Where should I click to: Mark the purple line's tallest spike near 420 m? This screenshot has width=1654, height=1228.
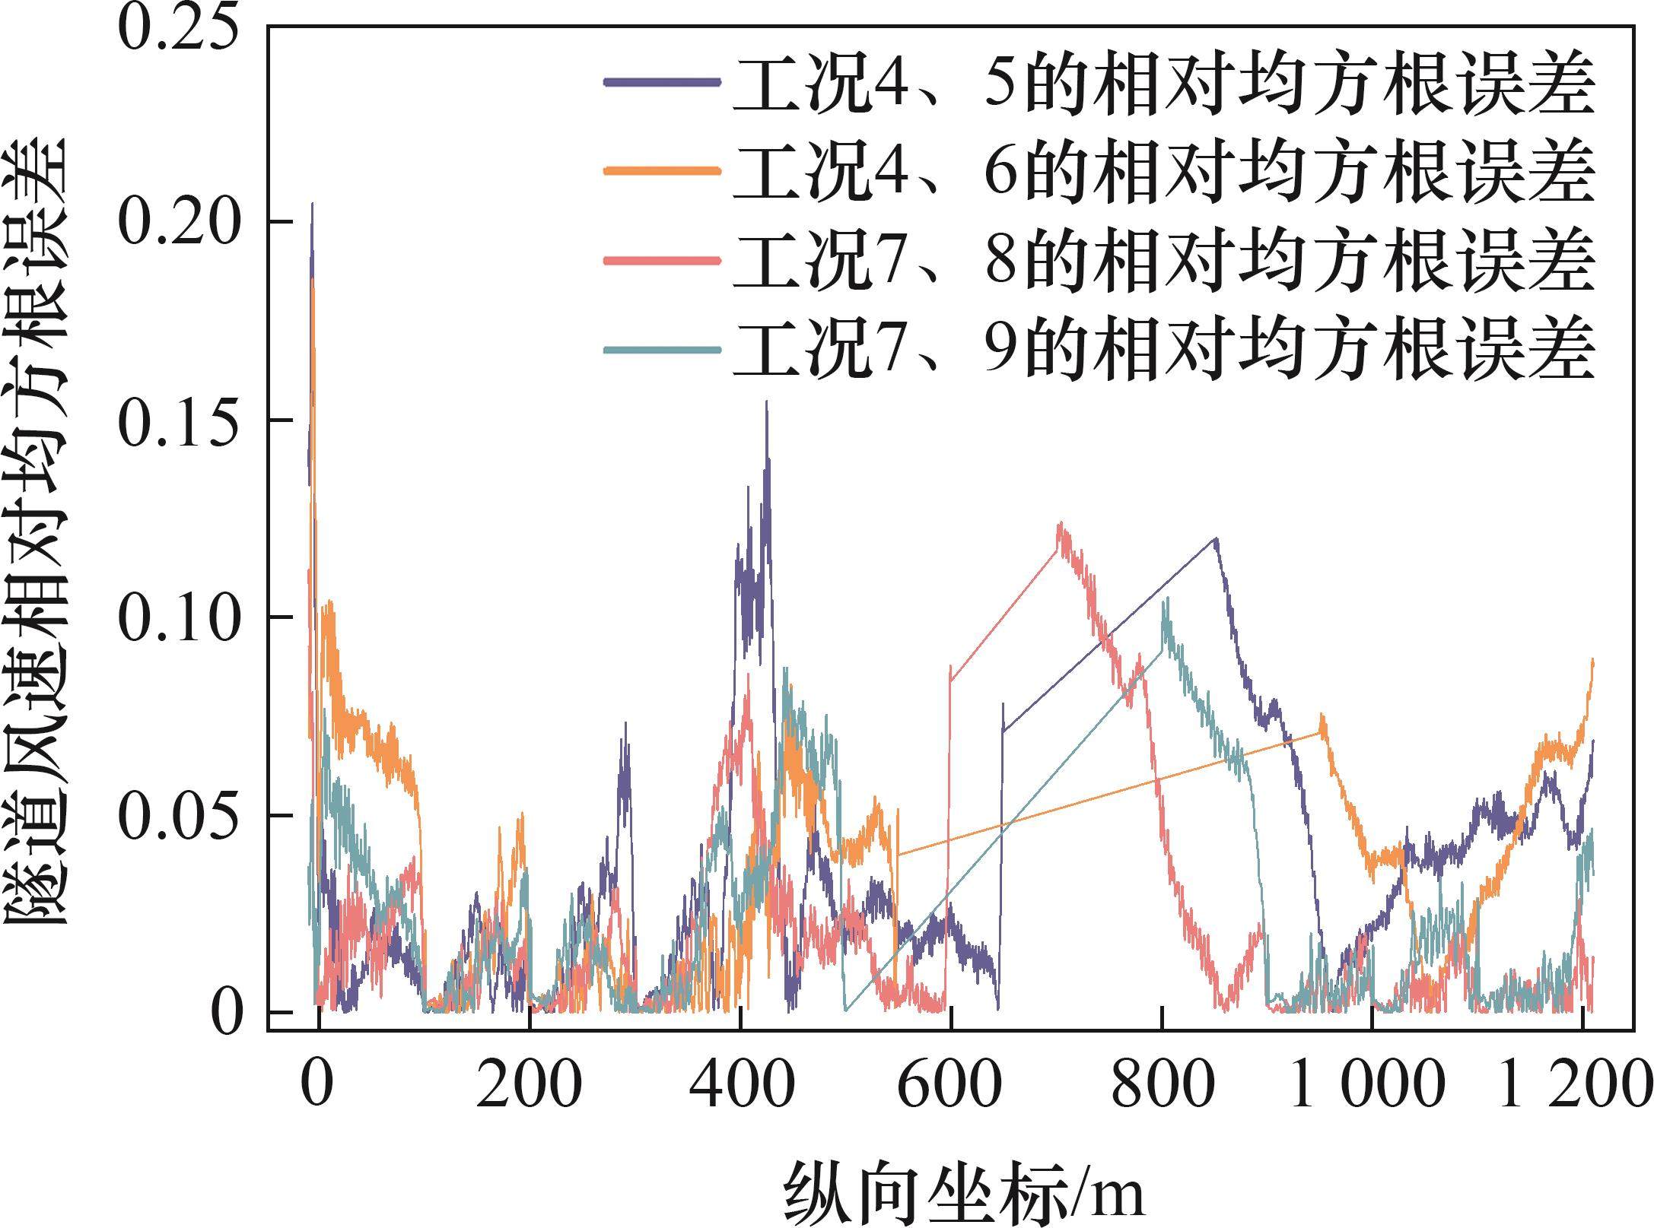(x=766, y=403)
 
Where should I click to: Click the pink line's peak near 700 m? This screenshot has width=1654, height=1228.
(x=1060, y=525)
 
